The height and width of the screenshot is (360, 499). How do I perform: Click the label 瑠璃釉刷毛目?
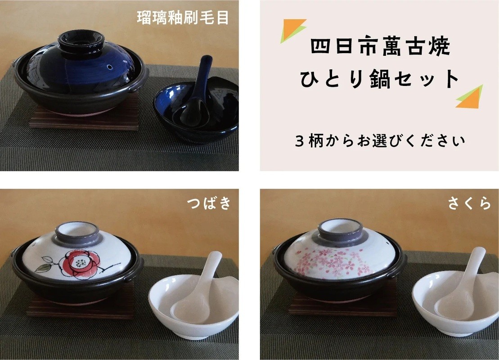click(183, 17)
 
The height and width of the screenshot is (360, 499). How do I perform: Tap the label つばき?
click(209, 203)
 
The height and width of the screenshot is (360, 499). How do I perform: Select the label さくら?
click(469, 203)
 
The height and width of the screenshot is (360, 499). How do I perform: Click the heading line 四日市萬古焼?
click(380, 46)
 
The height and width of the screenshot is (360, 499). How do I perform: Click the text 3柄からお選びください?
click(380, 141)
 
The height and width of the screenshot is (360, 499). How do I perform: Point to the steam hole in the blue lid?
click(110, 67)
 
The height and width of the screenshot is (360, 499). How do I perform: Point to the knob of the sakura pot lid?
click(340, 230)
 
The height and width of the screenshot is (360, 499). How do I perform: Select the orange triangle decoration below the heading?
click(470, 96)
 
